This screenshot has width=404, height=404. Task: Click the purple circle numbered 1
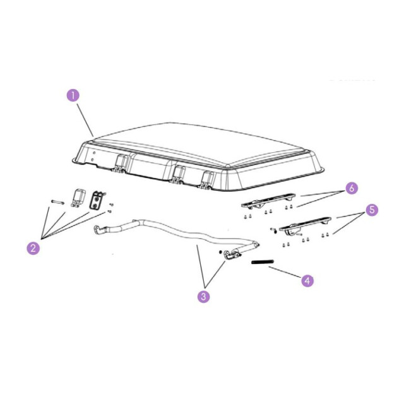point(73,95)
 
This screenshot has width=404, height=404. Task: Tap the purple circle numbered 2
point(33,248)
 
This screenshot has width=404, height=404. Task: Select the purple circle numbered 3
point(203,296)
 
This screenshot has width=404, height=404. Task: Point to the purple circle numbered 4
point(307,280)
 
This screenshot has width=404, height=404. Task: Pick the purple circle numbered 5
point(372,210)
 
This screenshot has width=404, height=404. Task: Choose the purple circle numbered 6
point(352,188)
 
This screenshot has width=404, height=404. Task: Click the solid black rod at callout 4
point(263,262)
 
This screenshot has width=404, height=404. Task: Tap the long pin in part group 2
point(57,202)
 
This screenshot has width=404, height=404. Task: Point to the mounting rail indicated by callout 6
point(268,200)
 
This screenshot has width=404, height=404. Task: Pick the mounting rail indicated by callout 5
point(305,225)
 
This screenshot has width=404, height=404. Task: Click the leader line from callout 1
point(85,120)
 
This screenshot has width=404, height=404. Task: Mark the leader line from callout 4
point(285,272)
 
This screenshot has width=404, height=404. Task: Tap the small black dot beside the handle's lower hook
point(220,251)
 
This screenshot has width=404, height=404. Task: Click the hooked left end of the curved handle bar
point(99,229)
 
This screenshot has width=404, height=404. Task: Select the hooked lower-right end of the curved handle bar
point(232,254)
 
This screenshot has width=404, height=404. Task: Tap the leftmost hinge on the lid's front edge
point(120,163)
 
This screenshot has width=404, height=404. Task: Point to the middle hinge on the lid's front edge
point(178,174)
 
